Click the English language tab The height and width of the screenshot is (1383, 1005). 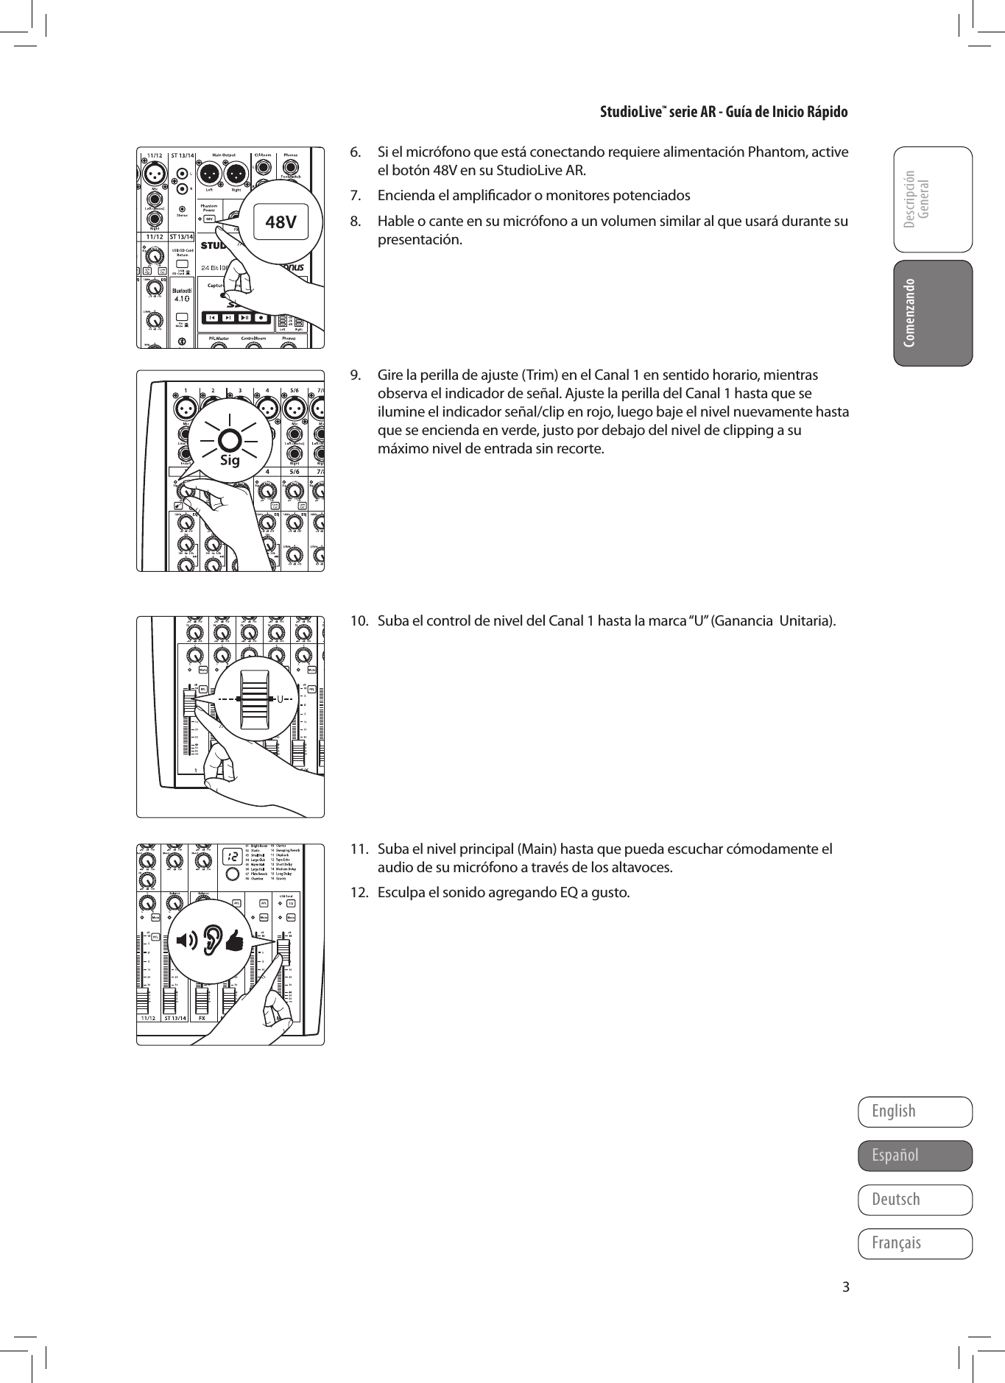[x=914, y=1111]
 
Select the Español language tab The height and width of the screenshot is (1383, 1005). [x=914, y=1155]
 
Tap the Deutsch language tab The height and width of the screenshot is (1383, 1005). [x=914, y=1199]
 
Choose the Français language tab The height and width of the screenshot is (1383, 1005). [x=914, y=1243]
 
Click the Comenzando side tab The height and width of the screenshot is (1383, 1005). [x=932, y=313]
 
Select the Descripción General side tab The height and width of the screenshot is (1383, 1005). [x=932, y=199]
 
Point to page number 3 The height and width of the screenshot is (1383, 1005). [x=846, y=1287]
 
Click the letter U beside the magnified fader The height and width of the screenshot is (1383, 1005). [x=281, y=698]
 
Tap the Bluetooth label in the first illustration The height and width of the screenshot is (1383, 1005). [x=183, y=291]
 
